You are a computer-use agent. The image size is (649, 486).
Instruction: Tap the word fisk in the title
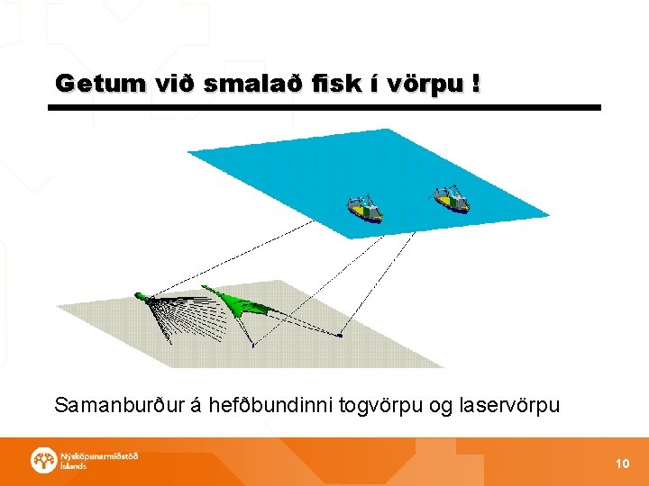coord(323,84)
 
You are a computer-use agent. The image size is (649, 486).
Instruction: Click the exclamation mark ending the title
coord(475,84)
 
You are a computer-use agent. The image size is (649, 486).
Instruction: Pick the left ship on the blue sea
coord(365,209)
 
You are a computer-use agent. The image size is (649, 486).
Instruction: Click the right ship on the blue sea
coord(451,200)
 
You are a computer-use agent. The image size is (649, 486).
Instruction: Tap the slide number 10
coord(622,463)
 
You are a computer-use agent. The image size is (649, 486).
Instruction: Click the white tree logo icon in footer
coord(42,461)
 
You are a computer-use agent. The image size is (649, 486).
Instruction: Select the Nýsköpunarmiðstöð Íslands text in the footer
coord(98,461)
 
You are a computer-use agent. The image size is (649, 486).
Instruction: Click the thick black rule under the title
coord(324,108)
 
